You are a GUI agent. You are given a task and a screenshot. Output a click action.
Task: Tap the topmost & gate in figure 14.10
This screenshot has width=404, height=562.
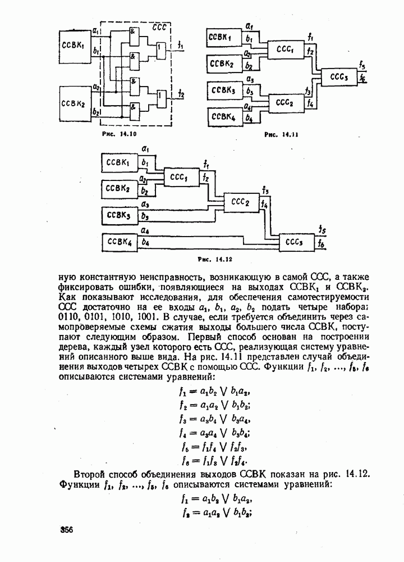click(x=134, y=33)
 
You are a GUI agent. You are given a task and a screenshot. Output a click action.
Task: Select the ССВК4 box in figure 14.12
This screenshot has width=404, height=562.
click(x=118, y=243)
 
